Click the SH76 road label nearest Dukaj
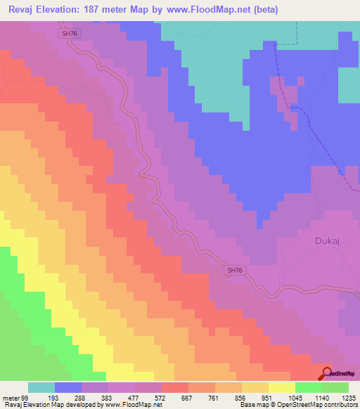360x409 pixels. click(236, 270)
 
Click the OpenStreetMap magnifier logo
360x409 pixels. click(328, 374)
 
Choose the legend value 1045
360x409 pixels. click(295, 397)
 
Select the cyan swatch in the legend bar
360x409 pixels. click(41, 387)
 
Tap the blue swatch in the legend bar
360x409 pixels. click(68, 387)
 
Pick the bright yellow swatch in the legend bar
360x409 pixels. click(282, 387)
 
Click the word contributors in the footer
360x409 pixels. click(339, 405)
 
